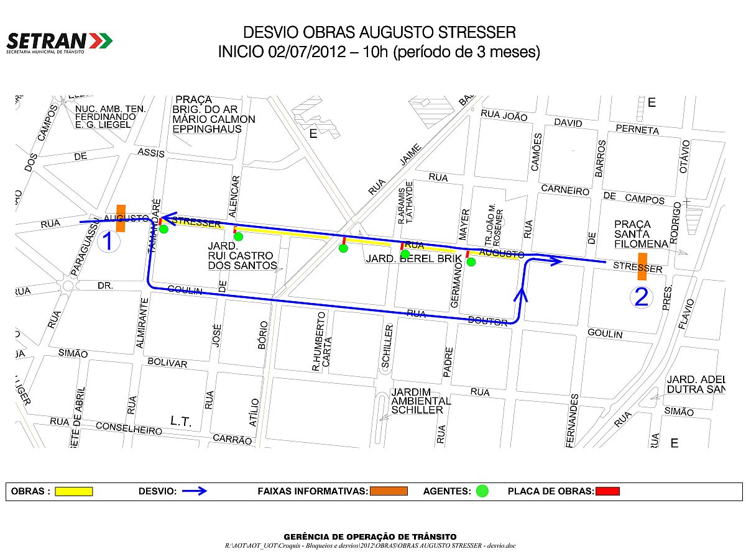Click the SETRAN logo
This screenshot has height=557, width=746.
point(59,42)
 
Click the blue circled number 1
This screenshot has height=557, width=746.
point(108,241)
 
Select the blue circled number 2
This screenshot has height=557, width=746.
point(642,297)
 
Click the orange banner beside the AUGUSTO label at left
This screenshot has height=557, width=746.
point(121,219)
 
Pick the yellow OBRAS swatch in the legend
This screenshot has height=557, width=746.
point(74,491)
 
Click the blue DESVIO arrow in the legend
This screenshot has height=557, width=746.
point(194,491)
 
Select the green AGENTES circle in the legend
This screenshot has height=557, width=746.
point(482,491)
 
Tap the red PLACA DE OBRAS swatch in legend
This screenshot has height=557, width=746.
point(607,491)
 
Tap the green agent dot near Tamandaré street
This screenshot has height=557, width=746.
point(163,229)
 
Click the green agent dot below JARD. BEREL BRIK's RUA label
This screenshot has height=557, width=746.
point(405,253)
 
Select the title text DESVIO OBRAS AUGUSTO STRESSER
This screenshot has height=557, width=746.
point(379,32)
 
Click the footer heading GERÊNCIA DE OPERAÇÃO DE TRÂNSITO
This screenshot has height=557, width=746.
point(370,537)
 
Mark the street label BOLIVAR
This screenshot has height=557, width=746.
point(167,363)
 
